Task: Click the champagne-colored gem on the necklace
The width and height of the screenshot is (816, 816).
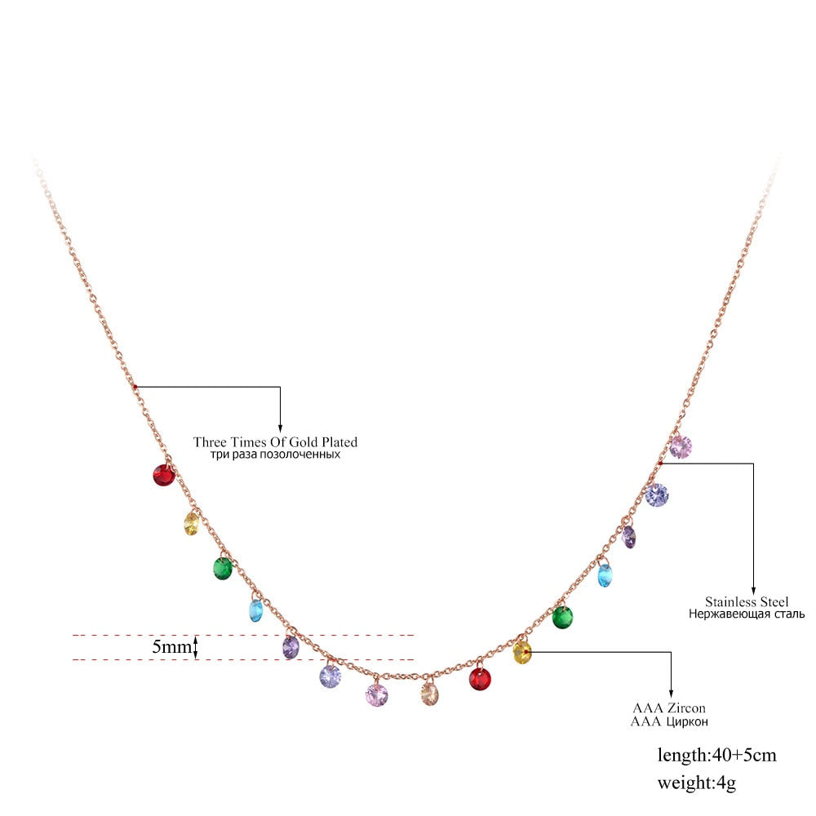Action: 430,695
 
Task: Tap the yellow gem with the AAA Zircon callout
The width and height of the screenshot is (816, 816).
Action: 522,652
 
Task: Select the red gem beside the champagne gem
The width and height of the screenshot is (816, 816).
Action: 481,678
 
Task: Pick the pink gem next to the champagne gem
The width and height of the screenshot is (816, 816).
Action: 376,694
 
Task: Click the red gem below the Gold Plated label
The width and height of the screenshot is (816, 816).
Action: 164,474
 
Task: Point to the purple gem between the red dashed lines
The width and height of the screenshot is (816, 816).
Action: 291,647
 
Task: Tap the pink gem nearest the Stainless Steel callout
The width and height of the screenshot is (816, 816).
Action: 681,446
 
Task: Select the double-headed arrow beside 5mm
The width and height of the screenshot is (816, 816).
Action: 196,647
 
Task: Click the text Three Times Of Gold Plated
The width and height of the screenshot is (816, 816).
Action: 275,441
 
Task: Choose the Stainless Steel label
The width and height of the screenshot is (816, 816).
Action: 747,601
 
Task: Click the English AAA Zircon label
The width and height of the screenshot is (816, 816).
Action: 668,707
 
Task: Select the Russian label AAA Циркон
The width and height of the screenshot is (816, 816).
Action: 668,721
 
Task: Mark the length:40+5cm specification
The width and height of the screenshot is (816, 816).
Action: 717,755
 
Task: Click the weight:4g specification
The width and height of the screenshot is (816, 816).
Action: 697,783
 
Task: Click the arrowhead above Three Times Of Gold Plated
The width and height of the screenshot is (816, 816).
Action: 280,427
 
